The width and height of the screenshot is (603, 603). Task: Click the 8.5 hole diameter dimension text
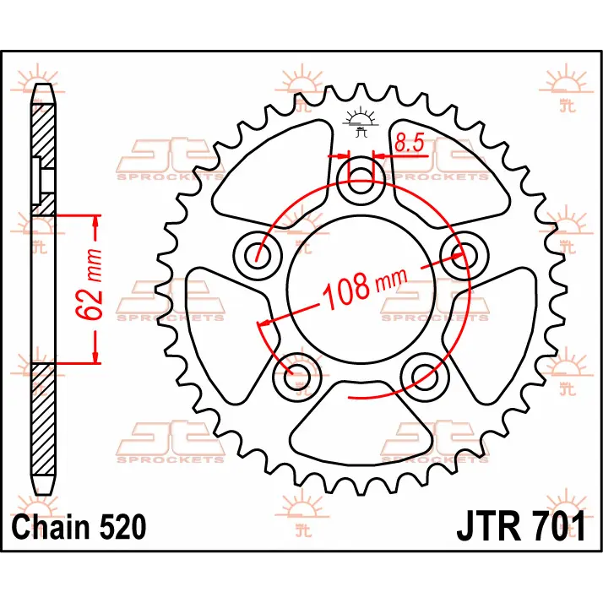[409, 143]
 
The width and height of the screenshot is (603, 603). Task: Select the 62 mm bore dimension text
[90, 285]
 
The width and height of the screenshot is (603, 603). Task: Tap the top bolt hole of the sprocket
[361, 180]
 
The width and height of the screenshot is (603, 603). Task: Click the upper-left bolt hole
[258, 255]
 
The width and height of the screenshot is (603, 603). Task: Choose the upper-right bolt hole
[464, 255]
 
